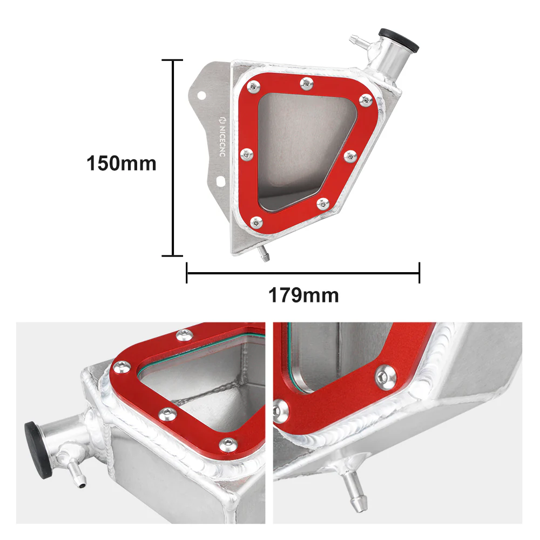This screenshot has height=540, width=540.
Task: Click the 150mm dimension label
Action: [121, 163]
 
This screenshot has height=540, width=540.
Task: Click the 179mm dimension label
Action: [303, 295]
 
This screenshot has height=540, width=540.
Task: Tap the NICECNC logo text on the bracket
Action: [222, 137]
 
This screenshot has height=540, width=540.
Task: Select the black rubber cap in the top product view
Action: [399, 39]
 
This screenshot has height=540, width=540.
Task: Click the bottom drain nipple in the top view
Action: [264, 254]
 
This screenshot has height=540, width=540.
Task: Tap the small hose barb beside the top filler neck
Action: [360, 42]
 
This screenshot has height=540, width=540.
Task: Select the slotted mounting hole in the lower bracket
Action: [220, 181]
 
